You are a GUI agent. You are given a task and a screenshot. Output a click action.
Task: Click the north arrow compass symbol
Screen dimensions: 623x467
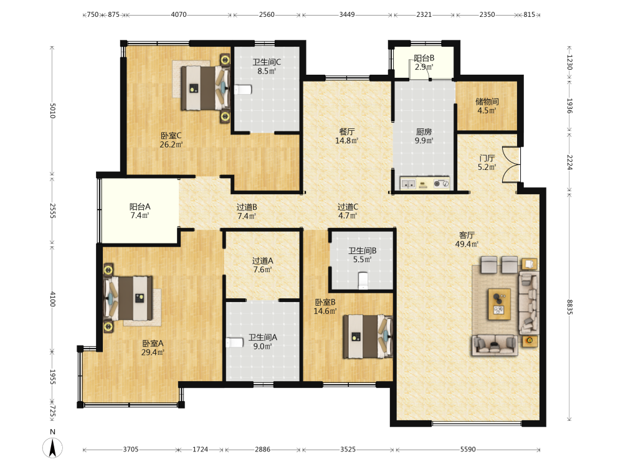pyautogui.click(x=52, y=448)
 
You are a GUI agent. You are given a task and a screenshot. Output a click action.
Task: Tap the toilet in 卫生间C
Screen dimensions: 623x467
pyautogui.click(x=243, y=90)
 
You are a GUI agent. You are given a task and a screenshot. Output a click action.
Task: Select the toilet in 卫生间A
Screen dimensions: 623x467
pyautogui.click(x=235, y=342)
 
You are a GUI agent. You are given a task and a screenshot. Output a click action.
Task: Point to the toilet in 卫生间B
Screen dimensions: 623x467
pyautogui.click(x=363, y=281)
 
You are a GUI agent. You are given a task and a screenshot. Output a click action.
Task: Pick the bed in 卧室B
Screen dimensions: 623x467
pyautogui.click(x=368, y=336)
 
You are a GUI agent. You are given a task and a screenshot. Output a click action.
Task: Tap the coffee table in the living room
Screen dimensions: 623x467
pyautogui.click(x=500, y=304)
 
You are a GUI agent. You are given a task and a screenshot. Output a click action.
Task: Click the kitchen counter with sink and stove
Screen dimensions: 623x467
pyautogui.click(x=425, y=183)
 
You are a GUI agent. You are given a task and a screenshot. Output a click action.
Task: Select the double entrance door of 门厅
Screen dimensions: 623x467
pyautogui.click(x=511, y=165)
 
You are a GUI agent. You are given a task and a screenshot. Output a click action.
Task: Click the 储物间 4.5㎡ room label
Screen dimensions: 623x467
pyautogui.click(x=487, y=106)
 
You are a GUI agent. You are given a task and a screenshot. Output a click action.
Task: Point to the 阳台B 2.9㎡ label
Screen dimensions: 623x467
pyautogui.click(x=424, y=62)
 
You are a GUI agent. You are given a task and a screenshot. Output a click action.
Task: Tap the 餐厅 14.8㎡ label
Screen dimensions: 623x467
pyautogui.click(x=347, y=136)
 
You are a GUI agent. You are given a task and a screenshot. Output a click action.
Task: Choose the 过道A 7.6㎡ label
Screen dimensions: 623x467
pyautogui.click(x=263, y=265)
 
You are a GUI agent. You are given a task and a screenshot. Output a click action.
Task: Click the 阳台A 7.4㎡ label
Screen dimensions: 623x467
pyautogui.click(x=140, y=211)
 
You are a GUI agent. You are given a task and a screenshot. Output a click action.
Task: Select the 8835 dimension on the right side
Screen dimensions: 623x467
pyautogui.click(x=569, y=306)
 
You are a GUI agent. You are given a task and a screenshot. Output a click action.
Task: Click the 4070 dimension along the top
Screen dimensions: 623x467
pyautogui.click(x=179, y=15)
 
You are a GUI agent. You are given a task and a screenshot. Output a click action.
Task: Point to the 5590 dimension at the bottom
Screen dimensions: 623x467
pyautogui.click(x=468, y=449)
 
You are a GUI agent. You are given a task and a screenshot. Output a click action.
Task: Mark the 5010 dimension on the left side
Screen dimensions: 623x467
pyautogui.click(x=52, y=111)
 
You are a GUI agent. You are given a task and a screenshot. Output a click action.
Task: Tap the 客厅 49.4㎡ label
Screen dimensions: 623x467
pyautogui.click(x=467, y=240)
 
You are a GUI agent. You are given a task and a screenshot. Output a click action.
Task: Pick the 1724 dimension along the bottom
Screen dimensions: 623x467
pyautogui.click(x=200, y=449)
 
